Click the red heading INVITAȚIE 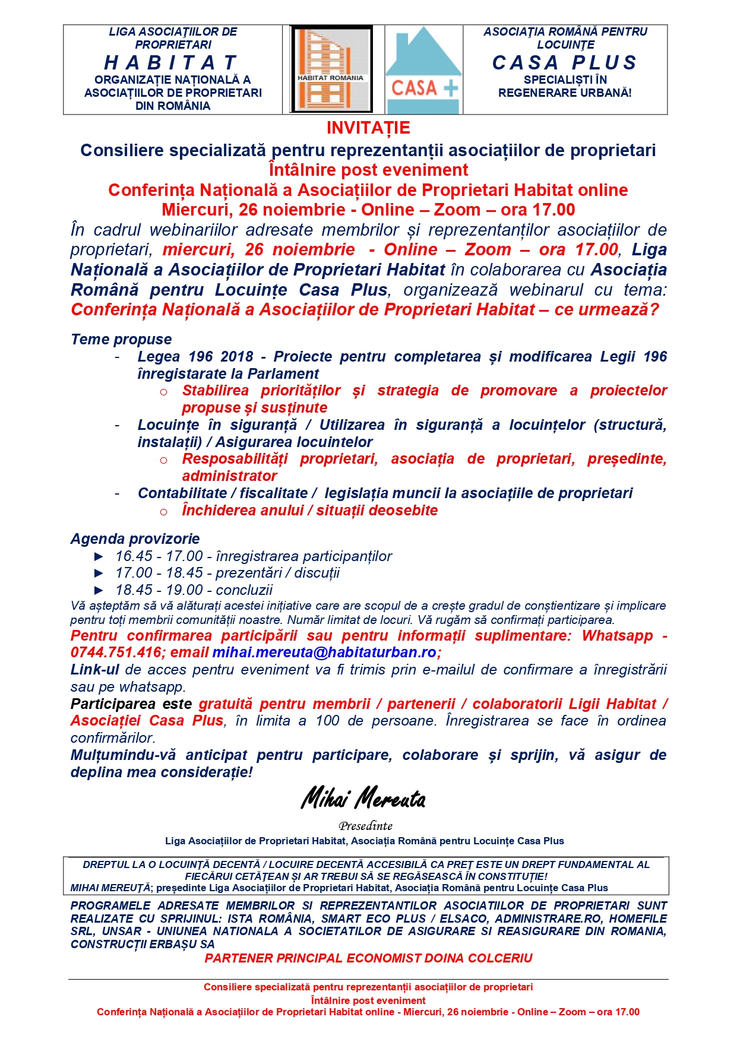click(368, 128)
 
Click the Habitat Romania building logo click(331, 69)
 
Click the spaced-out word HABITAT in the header click(172, 62)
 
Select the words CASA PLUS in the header click(565, 62)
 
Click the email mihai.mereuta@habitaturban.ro click(324, 653)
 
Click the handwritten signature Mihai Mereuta click(363, 799)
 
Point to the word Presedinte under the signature click(365, 826)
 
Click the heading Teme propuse click(121, 339)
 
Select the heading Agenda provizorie click(135, 539)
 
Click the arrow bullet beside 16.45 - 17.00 click(99, 556)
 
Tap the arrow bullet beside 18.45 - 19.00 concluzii click(99, 590)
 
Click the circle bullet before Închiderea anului click(163, 511)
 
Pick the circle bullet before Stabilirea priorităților click(163, 391)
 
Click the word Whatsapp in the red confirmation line click(617, 635)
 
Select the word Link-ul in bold click(94, 670)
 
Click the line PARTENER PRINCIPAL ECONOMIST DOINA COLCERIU click(368, 958)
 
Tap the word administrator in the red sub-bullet click(229, 476)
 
